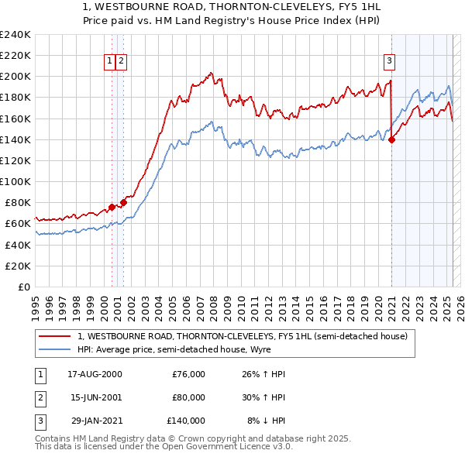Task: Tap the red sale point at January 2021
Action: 391,139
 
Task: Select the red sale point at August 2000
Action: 112,207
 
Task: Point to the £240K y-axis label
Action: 15,35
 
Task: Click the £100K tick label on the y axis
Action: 15,181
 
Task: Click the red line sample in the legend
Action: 56,335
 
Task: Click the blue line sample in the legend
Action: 56,349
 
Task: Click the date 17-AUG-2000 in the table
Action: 95,374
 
